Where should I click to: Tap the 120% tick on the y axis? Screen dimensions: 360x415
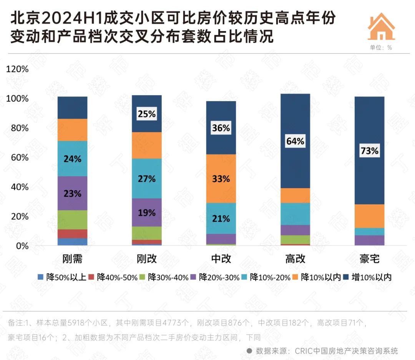[x=18, y=70]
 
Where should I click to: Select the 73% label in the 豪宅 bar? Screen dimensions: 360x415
[x=369, y=151]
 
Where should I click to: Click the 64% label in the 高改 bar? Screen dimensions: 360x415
[x=295, y=141]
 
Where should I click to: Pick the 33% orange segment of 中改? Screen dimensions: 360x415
[x=221, y=179]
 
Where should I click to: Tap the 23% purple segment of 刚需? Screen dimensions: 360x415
[x=72, y=194]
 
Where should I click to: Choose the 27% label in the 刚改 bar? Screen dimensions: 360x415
[x=147, y=179]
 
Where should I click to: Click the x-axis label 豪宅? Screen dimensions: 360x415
[x=369, y=259]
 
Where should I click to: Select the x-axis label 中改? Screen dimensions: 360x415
[x=221, y=259]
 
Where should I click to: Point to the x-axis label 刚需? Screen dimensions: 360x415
[x=72, y=259]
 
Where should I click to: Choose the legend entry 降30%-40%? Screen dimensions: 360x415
[x=164, y=277]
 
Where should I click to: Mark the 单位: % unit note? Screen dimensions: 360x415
[x=381, y=48]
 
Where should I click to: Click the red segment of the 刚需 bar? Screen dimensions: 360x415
[x=72, y=234]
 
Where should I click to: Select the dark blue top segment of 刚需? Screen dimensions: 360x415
[x=72, y=108]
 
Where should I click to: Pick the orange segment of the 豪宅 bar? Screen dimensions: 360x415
[x=369, y=216]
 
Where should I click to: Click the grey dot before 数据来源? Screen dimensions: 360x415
[x=249, y=351]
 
